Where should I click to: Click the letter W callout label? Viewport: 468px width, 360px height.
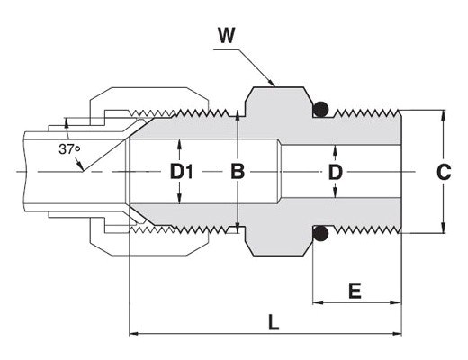coord(227,36)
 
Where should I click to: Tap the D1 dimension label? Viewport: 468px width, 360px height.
coord(182,172)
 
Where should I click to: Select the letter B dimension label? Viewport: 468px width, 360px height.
coord(238,172)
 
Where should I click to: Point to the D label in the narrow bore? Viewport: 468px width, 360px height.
coord(336,172)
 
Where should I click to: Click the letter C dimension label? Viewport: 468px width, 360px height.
coord(444,172)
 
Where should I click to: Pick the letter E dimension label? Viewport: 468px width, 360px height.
coord(355,291)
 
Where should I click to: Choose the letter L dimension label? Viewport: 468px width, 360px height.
coord(274,322)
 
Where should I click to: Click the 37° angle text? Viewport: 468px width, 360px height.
coord(69,149)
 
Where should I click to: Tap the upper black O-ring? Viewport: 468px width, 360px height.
coord(321,109)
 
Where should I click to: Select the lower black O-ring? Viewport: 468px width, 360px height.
coord(321,233)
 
